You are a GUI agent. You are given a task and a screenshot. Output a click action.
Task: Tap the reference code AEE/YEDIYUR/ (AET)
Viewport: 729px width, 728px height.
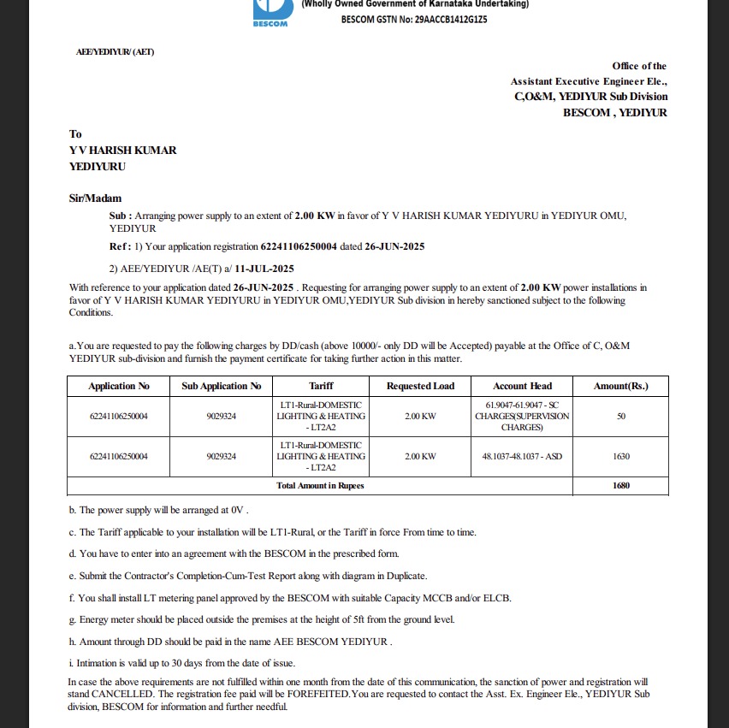coord(116,52)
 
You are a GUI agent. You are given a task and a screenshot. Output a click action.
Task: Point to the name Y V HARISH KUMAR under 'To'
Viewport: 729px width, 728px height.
coord(123,151)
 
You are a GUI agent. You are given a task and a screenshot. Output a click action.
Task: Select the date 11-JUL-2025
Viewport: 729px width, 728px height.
coord(258,268)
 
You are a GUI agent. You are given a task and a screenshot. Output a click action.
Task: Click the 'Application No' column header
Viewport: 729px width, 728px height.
coord(119,386)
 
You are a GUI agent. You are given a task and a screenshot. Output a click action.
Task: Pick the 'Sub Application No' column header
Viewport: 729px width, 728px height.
coord(221,386)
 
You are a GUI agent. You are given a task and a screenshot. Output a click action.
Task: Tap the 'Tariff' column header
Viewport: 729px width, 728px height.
coord(321,386)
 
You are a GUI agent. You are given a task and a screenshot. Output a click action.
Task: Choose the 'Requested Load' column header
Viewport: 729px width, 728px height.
coord(420,386)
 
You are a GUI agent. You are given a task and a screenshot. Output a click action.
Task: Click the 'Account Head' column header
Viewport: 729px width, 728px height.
coord(522,386)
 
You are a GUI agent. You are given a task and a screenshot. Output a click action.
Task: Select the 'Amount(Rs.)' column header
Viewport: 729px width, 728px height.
coord(620,386)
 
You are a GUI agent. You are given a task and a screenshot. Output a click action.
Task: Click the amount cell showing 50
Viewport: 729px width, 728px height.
coord(620,416)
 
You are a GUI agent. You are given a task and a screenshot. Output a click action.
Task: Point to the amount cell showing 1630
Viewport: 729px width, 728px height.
coord(620,457)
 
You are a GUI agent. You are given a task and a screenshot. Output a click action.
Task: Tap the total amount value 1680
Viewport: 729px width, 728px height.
coord(620,486)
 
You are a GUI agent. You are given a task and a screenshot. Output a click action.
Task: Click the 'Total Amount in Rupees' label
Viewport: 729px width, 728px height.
coord(320,486)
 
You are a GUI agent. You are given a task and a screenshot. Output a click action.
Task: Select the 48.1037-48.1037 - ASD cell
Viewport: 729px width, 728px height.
coord(522,457)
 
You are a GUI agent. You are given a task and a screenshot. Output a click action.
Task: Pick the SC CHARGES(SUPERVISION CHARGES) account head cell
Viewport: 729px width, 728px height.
coord(522,416)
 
